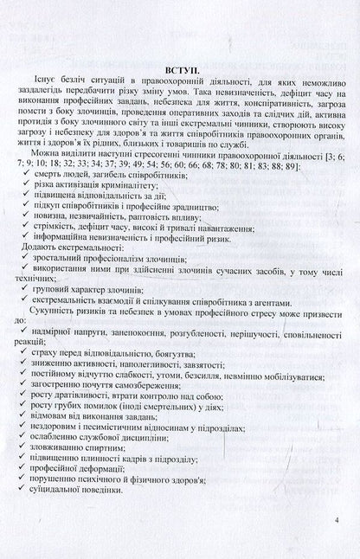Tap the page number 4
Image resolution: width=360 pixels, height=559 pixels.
[337, 521]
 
